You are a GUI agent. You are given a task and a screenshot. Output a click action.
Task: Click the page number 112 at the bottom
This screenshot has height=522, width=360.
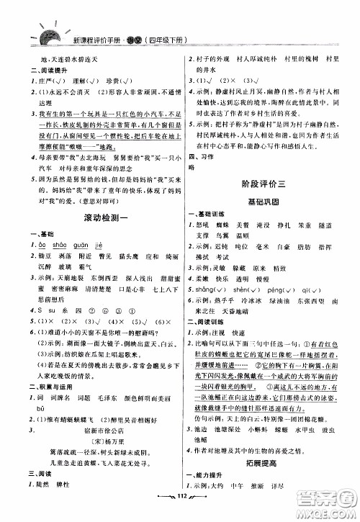pyautogui.click(x=181, y=512)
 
